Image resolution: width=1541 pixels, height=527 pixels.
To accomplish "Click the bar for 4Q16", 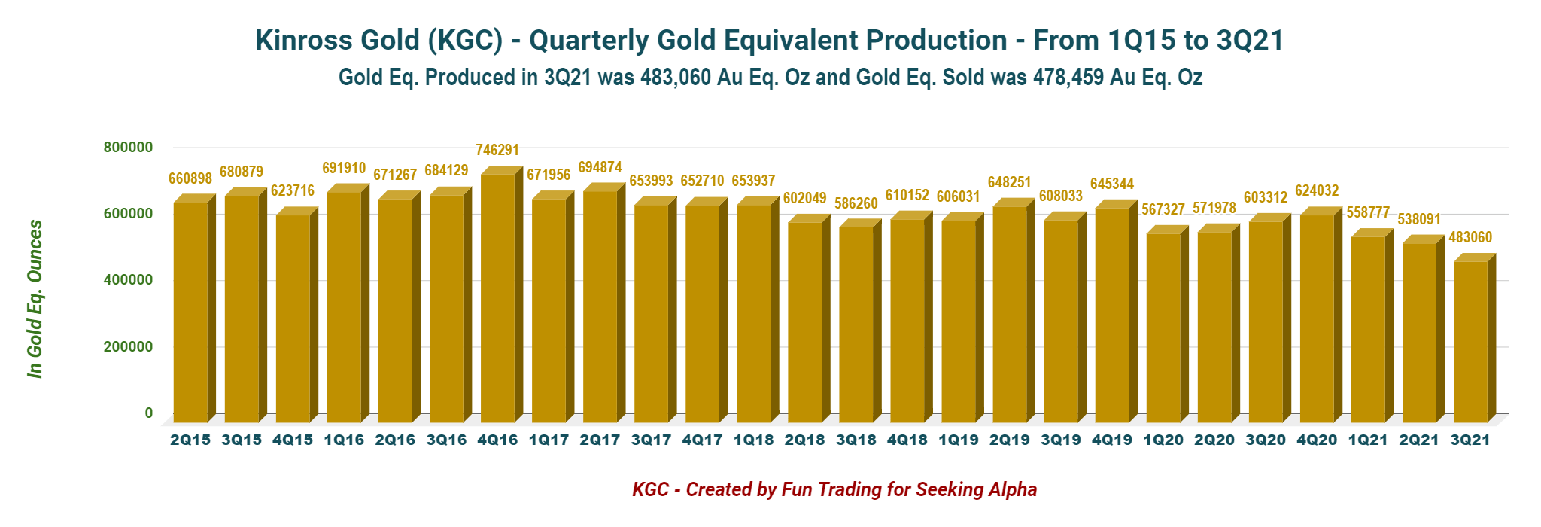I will (x=497, y=297).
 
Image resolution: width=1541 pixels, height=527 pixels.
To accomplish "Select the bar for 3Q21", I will (x=1470, y=342).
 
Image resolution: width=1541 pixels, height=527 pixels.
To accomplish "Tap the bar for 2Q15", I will (x=190, y=312).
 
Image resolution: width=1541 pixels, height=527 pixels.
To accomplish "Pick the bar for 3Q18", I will (x=856, y=324).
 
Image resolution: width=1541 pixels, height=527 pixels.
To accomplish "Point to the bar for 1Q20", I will (x=1163, y=327).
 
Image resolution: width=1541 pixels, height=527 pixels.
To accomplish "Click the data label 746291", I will (x=497, y=151).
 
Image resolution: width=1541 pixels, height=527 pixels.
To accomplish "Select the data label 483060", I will (x=1470, y=238).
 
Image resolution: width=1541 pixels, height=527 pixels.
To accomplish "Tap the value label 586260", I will (x=856, y=204).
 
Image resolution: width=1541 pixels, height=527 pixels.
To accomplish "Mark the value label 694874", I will (x=600, y=167).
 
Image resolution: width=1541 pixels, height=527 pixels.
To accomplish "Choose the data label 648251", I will (x=1009, y=183).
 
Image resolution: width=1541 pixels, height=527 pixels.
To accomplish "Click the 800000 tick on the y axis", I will (x=128, y=148).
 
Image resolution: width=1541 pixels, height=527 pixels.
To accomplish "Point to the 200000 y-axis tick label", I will (x=128, y=347).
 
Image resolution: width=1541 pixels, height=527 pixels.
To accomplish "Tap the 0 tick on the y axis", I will (x=148, y=413).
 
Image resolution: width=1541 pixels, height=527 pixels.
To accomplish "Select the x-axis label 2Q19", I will (x=1009, y=440).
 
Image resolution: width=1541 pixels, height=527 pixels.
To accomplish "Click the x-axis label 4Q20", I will (x=1317, y=440).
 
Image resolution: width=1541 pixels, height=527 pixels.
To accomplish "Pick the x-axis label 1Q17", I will (x=549, y=440).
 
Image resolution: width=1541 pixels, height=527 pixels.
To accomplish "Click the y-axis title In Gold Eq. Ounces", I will (x=35, y=299).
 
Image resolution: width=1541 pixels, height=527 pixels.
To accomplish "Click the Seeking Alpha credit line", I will (x=834, y=490).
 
